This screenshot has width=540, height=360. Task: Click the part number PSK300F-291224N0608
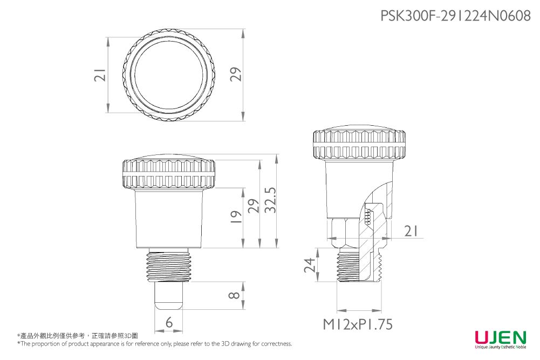(455, 16)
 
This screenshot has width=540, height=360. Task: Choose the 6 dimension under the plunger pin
(169, 323)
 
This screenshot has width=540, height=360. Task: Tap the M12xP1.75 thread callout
(358, 325)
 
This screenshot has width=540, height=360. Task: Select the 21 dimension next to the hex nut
(411, 232)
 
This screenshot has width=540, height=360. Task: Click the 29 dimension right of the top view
(236, 75)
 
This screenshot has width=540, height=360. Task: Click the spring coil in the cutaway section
(368, 218)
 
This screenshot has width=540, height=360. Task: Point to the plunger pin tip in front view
(169, 303)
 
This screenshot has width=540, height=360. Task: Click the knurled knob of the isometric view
(359, 144)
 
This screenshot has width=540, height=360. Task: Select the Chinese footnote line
(78, 335)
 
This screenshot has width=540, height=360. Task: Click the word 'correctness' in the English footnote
(277, 344)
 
